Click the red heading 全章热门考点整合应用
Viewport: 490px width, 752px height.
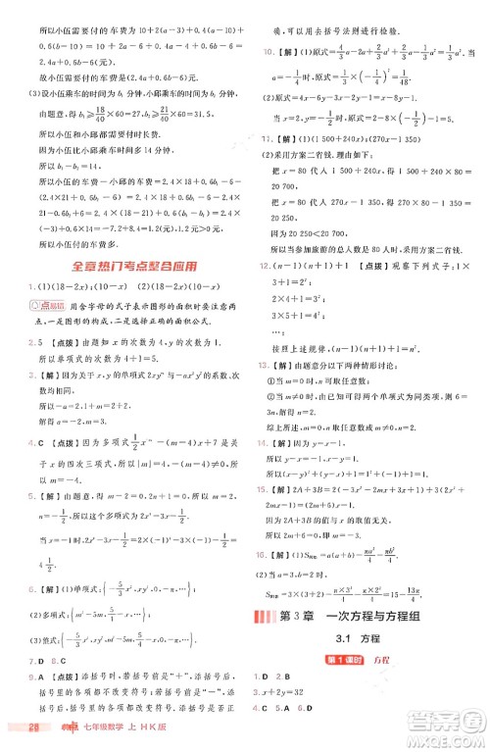pyautogui.click(x=122, y=266)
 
